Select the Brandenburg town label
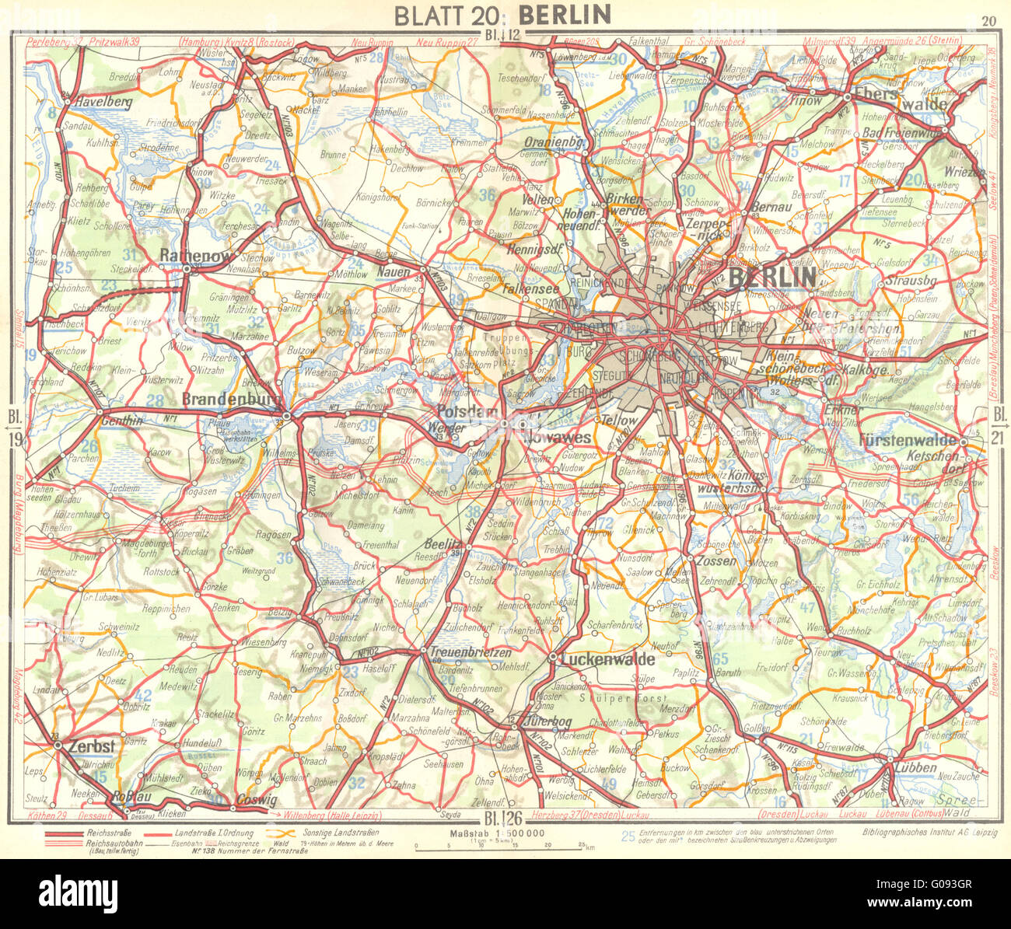coord(232,398)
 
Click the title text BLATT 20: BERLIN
coord(502,15)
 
